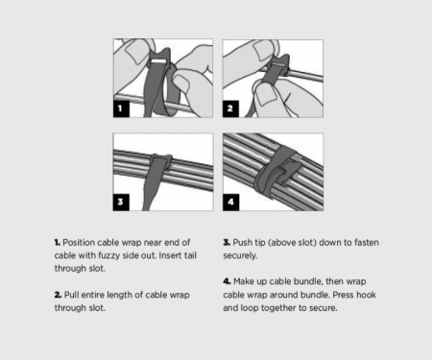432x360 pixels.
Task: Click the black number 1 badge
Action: [x=121, y=108]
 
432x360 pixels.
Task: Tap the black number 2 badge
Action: [x=230, y=108]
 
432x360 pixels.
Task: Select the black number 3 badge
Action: [x=121, y=203]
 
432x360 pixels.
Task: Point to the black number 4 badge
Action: [x=231, y=203]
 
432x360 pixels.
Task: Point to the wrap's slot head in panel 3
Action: [x=161, y=159]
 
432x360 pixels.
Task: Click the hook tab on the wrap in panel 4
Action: [x=289, y=173]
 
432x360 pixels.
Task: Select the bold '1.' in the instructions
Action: [x=58, y=243]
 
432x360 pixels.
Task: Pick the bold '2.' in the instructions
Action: [x=58, y=295]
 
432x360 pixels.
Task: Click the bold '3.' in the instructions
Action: [x=227, y=243]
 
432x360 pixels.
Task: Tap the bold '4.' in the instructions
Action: [x=227, y=281]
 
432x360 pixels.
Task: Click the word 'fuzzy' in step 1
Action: [x=86, y=256]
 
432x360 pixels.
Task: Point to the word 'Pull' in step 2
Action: [x=71, y=295]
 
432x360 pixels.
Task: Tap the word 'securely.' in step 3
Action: [x=240, y=256]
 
